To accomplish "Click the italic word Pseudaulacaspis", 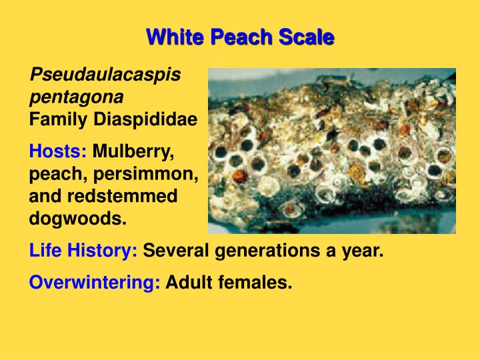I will (105, 75).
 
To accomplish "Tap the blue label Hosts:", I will (58, 151).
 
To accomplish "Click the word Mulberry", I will (133, 151).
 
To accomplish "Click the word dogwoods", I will (77, 219).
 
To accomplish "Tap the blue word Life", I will (47, 251).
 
